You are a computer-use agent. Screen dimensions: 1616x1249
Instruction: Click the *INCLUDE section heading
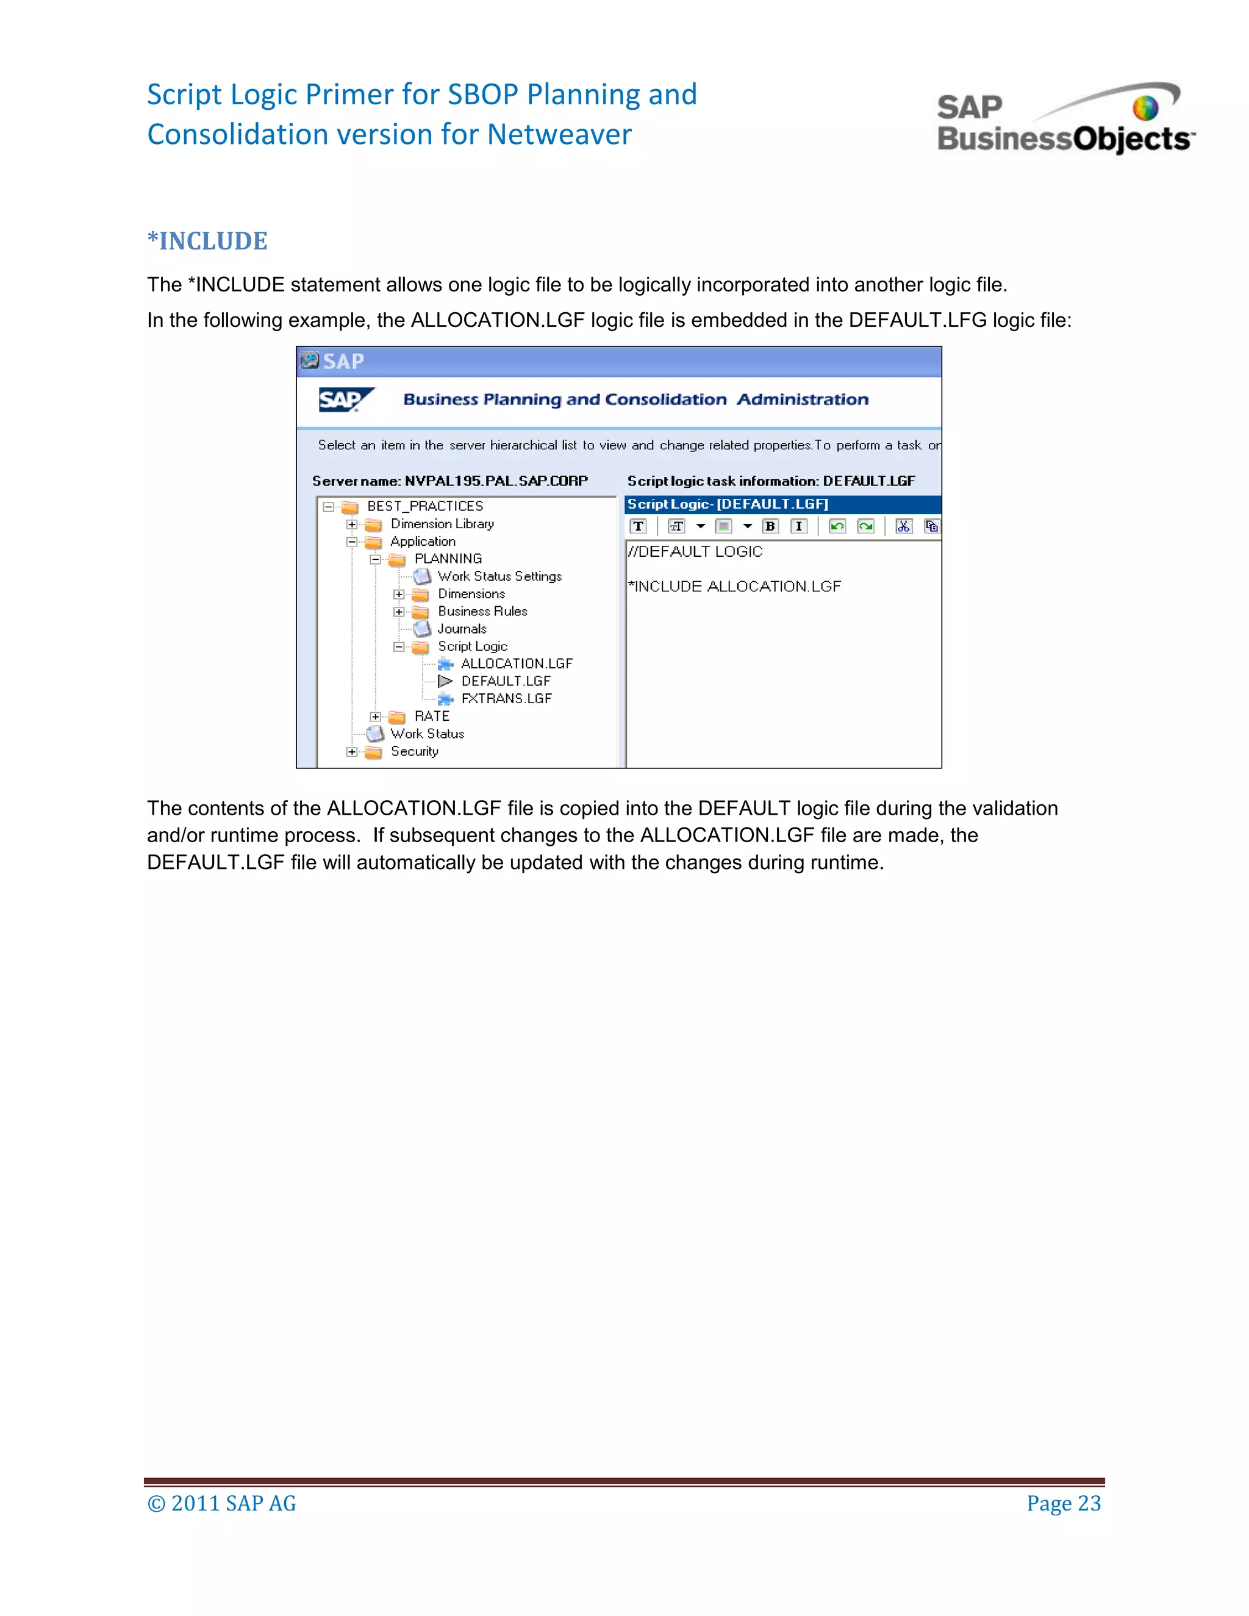click(x=207, y=241)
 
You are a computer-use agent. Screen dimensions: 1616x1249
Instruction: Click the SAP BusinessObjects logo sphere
click(x=1145, y=108)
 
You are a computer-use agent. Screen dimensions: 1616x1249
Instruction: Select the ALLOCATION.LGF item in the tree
click(x=516, y=663)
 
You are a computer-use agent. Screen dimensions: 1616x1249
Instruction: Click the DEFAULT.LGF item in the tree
click(x=506, y=681)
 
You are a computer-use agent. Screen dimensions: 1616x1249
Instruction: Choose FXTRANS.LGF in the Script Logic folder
click(x=506, y=698)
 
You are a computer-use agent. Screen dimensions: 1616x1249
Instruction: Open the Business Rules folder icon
click(x=420, y=612)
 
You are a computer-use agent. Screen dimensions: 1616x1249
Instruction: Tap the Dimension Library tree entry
click(x=442, y=524)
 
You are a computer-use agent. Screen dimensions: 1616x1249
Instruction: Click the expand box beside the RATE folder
click(x=375, y=717)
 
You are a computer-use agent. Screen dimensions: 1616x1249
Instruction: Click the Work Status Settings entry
click(x=499, y=576)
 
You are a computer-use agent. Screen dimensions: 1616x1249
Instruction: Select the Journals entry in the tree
click(x=462, y=629)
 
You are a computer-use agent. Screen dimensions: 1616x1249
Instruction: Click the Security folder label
click(x=414, y=751)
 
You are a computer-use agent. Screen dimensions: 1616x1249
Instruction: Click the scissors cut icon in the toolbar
click(x=903, y=526)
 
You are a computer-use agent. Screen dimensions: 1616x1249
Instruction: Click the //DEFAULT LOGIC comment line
click(x=695, y=551)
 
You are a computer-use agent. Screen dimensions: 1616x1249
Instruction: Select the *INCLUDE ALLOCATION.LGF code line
click(x=735, y=587)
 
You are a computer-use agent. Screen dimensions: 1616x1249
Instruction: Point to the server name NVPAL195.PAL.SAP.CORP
click(x=496, y=481)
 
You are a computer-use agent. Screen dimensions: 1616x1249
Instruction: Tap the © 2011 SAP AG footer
click(x=221, y=1504)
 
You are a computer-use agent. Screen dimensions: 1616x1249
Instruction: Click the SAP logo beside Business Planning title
click(x=345, y=399)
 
